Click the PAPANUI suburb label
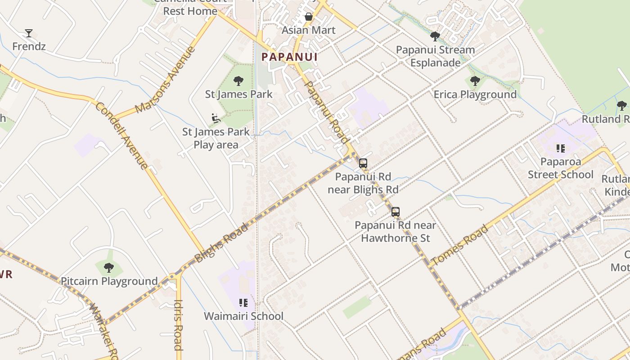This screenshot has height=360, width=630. [290, 57]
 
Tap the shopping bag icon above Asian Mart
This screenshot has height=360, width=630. [309, 17]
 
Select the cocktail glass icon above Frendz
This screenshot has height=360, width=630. [29, 33]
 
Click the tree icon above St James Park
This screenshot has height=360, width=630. [238, 81]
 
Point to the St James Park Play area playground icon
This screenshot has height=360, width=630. [216, 118]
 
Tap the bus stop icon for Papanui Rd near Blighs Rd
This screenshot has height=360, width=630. [363, 163]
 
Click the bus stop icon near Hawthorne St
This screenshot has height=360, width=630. [396, 212]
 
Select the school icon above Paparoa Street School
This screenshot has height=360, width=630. [560, 148]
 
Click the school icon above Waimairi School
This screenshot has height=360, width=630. [243, 303]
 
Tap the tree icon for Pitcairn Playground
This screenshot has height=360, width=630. [108, 268]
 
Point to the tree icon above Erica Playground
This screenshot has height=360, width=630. [475, 81]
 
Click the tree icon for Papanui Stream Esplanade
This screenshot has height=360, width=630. [435, 36]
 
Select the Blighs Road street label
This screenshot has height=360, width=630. [221, 243]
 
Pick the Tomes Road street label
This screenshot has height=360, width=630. [459, 245]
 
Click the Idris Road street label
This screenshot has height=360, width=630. [178, 324]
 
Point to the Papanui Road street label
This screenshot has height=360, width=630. [327, 112]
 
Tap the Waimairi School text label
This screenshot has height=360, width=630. [243, 316]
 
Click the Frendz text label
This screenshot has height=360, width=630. [29, 46]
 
